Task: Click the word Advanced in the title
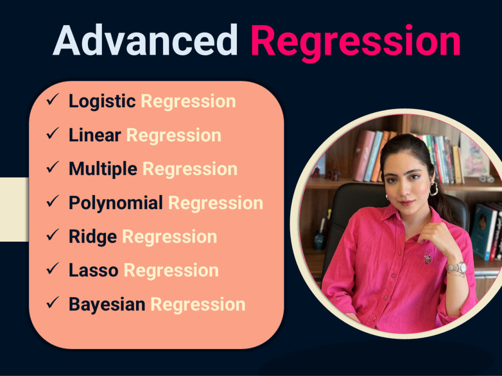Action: [x=145, y=41]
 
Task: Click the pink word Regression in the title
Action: [x=355, y=42]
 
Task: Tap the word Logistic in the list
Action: [x=102, y=101]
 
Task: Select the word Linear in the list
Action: [x=95, y=135]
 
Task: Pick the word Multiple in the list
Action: [x=103, y=169]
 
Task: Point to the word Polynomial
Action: [x=115, y=203]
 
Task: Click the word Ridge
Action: [x=93, y=237]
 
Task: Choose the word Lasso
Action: [x=93, y=271]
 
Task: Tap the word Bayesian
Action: [x=107, y=304]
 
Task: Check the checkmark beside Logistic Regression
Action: [x=52, y=100]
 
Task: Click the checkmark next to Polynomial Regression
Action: [x=52, y=202]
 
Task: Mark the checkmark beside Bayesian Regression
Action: [x=52, y=303]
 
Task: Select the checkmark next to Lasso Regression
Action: [x=52, y=269]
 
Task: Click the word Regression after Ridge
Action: [x=170, y=237]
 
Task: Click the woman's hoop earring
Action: [x=433, y=189]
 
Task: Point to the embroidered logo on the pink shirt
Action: [x=427, y=259]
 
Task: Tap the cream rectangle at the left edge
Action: [x=14, y=209]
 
